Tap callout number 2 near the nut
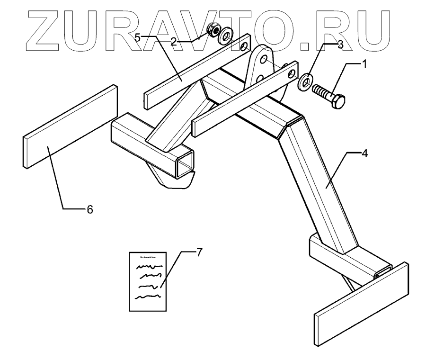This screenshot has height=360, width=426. (x=174, y=41)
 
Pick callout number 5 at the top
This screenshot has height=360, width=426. (x=137, y=38)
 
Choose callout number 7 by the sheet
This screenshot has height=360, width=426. (x=199, y=252)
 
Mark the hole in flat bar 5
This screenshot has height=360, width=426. (x=244, y=46)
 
